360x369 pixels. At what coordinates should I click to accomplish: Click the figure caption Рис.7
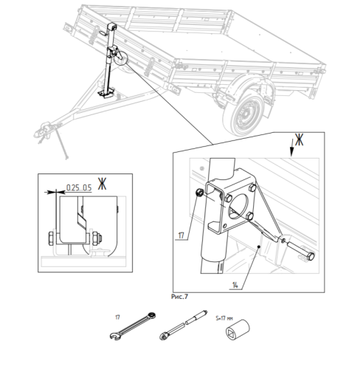(x=179, y=297)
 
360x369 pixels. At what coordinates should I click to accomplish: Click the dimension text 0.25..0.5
(x=79, y=187)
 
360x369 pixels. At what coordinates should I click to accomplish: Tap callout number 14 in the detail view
(x=235, y=285)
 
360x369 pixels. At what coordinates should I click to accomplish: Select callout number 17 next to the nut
(x=181, y=235)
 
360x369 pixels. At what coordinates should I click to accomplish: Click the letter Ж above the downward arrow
(x=299, y=139)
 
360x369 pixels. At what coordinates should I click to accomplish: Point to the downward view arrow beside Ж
(x=291, y=148)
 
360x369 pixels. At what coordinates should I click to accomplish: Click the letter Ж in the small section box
(x=102, y=184)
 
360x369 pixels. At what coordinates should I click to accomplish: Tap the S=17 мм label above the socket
(x=224, y=318)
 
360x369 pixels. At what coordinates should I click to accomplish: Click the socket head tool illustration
(x=238, y=330)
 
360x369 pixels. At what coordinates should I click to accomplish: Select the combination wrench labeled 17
(x=133, y=325)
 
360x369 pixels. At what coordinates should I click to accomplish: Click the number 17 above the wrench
(x=117, y=317)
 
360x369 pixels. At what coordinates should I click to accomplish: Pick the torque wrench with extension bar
(x=184, y=325)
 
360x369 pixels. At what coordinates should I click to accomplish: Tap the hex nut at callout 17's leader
(x=199, y=193)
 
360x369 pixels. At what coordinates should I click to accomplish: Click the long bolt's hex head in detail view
(x=311, y=256)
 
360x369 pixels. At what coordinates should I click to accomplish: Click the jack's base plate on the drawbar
(x=105, y=93)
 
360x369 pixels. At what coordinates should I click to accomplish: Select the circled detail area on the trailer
(x=121, y=58)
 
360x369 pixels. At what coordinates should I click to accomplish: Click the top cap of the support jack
(x=112, y=26)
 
